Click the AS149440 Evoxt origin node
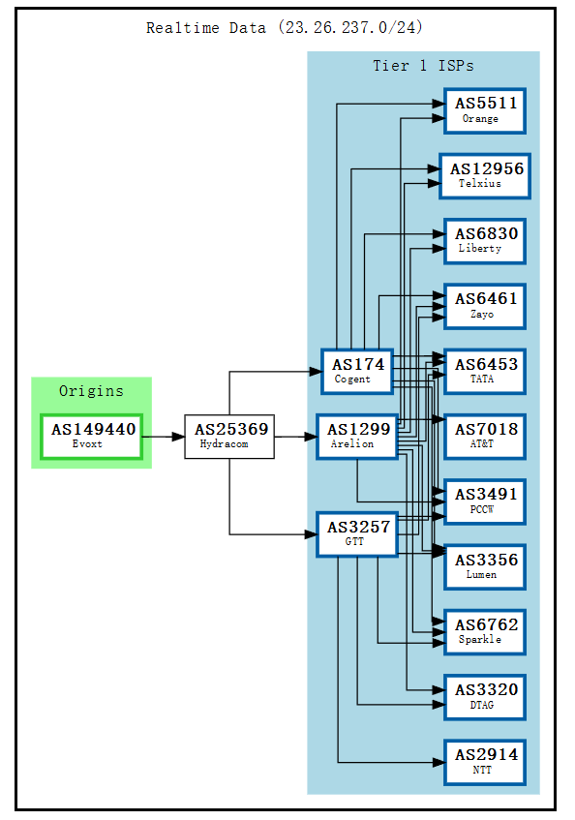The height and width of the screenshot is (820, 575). pyautogui.click(x=92, y=437)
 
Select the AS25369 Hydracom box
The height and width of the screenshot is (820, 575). pyautogui.click(x=229, y=437)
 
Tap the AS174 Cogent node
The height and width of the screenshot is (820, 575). pyautogui.click(x=357, y=372)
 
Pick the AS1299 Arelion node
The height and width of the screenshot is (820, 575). pyautogui.click(x=357, y=437)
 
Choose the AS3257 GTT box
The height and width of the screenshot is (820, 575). pyautogui.click(x=357, y=533)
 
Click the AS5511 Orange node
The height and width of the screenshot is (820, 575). pyautogui.click(x=485, y=110)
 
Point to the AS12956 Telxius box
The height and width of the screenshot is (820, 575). pyautogui.click(x=485, y=175)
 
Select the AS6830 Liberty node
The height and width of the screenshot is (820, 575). pyautogui.click(x=485, y=241)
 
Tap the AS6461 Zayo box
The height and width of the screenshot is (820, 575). pyautogui.click(x=485, y=306)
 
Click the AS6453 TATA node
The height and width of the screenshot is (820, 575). pyautogui.click(x=485, y=372)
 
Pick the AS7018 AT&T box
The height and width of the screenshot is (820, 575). pyautogui.click(x=485, y=437)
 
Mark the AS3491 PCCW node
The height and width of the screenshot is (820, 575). pyautogui.click(x=485, y=501)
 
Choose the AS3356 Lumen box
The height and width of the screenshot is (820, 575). pyautogui.click(x=485, y=566)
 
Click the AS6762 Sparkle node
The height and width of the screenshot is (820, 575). pyautogui.click(x=485, y=631)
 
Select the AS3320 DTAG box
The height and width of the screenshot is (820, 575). pyautogui.click(x=485, y=697)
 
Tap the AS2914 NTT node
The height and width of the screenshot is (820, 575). pyautogui.click(x=485, y=762)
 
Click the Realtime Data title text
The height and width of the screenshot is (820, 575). pyautogui.click(x=285, y=28)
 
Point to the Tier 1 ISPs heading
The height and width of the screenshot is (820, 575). pyautogui.click(x=423, y=66)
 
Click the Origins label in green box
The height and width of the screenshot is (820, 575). pyautogui.click(x=91, y=391)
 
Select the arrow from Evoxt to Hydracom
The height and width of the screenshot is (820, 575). pyautogui.click(x=164, y=437)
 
